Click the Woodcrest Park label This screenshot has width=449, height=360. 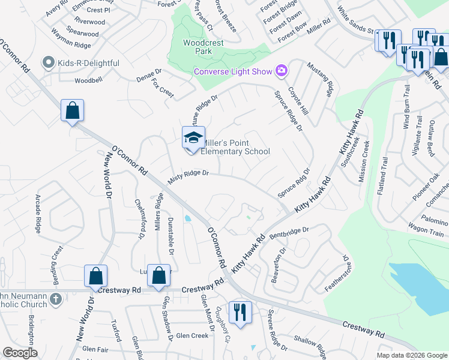(198, 47)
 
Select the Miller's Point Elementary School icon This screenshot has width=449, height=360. (194, 138)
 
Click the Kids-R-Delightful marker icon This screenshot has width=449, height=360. (48, 62)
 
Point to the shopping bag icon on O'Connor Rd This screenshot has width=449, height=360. (72, 111)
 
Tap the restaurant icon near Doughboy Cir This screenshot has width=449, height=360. (240, 312)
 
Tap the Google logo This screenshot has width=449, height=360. (20, 353)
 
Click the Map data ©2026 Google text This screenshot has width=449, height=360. (411, 355)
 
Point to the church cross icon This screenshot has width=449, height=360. (55, 298)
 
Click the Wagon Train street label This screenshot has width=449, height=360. (426, 232)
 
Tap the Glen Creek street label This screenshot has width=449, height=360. (191, 335)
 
